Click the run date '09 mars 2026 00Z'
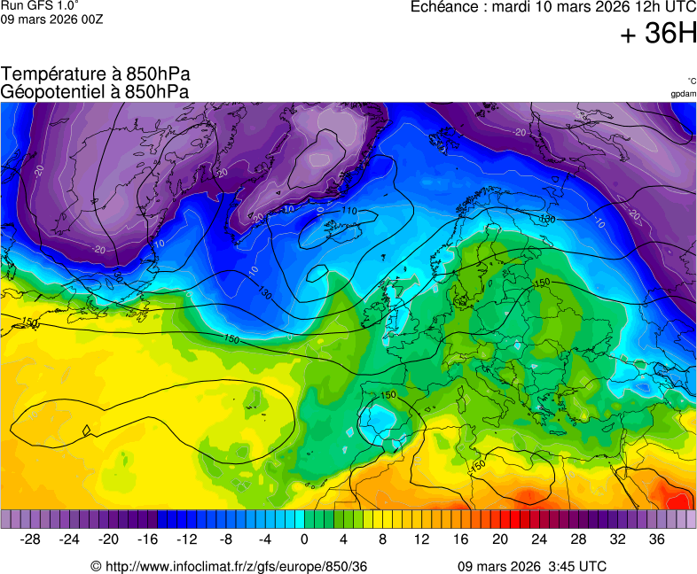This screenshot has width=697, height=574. coord(52,19)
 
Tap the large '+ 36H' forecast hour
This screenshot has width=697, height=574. coord(658,35)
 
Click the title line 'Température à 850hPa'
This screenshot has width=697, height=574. coord(95,74)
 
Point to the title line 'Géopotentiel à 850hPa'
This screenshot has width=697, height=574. coord(95,91)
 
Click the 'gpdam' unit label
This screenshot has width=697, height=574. coord(683,94)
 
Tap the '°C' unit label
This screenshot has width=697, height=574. coord(691,81)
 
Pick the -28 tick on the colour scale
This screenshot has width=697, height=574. coord(30,539)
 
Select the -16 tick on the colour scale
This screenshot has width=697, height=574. coord(147,539)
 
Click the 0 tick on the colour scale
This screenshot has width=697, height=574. coord(304,539)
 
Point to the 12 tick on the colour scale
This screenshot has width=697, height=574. coord(421,539)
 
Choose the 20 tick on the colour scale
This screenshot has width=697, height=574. coord(500,539)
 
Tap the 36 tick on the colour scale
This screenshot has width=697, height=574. coord(656,539)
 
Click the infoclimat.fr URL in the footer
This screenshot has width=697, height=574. coord(229,566)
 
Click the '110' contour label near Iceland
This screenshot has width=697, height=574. coord(349,211)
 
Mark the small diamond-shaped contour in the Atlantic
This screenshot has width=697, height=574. coord(87,431)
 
